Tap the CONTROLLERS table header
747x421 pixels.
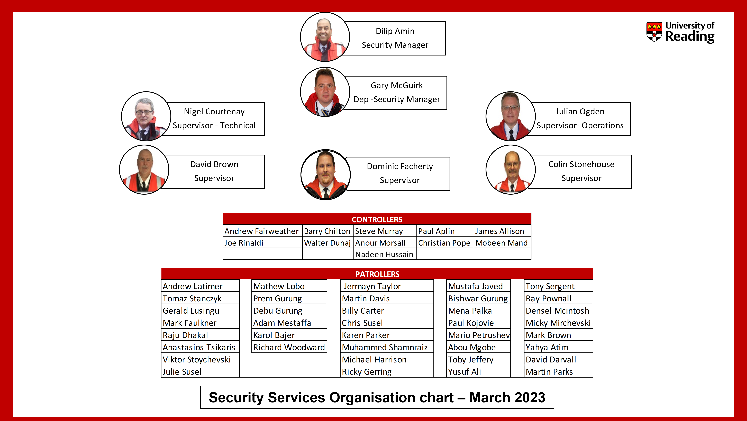[377, 219]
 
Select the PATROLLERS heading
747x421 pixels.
[377, 274]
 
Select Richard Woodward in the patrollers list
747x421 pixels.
[289, 347]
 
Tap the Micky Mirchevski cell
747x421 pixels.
[558, 323]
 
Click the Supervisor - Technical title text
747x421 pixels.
[214, 125]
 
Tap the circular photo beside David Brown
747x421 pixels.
[144, 170]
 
